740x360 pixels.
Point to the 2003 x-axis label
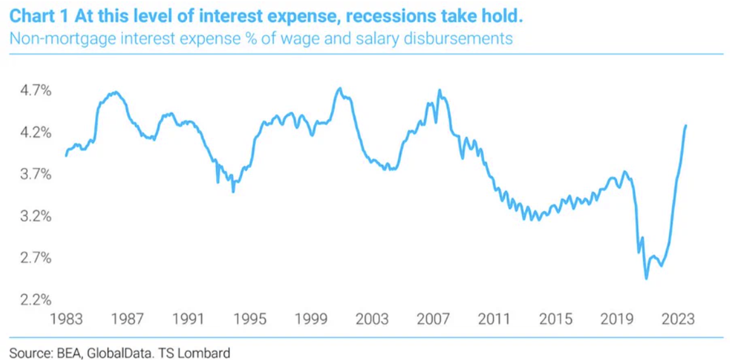pyautogui.click(x=372, y=319)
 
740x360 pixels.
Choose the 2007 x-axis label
pyautogui.click(x=433, y=319)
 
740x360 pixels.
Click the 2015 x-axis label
pyautogui.click(x=556, y=319)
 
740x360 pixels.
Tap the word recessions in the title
pyautogui.click(x=381, y=15)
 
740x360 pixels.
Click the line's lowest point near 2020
pyautogui.click(x=646, y=278)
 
